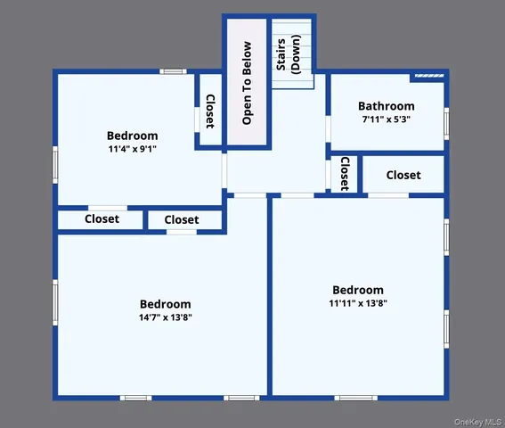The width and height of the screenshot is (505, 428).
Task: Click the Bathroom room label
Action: pyautogui.click(x=387, y=106)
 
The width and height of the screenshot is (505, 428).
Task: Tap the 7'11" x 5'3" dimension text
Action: pyautogui.click(x=387, y=119)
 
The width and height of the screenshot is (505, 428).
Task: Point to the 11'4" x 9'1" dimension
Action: pyautogui.click(x=132, y=150)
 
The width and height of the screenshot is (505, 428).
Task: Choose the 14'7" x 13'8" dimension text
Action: pyautogui.click(x=165, y=317)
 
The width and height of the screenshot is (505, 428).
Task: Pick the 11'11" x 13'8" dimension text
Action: pyautogui.click(x=358, y=303)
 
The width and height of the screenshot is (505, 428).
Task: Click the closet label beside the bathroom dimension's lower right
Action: pyautogui.click(x=403, y=176)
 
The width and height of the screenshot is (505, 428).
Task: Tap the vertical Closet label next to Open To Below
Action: pyautogui.click(x=210, y=111)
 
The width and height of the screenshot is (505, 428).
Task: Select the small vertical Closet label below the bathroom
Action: pyautogui.click(x=344, y=174)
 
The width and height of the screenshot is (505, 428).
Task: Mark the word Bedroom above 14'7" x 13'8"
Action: pyautogui.click(x=165, y=304)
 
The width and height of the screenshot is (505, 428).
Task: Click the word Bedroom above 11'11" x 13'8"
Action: pyautogui.click(x=358, y=290)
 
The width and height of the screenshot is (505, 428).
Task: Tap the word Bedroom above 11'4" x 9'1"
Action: pyautogui.click(x=132, y=136)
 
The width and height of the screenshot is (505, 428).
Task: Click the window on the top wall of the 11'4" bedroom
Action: pyautogui.click(x=172, y=71)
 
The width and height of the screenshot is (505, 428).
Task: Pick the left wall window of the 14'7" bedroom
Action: pyautogui.click(x=55, y=302)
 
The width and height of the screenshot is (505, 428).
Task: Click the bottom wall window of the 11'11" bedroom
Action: pyautogui.click(x=356, y=397)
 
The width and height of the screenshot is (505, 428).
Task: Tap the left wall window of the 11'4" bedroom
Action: pyautogui.click(x=55, y=164)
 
